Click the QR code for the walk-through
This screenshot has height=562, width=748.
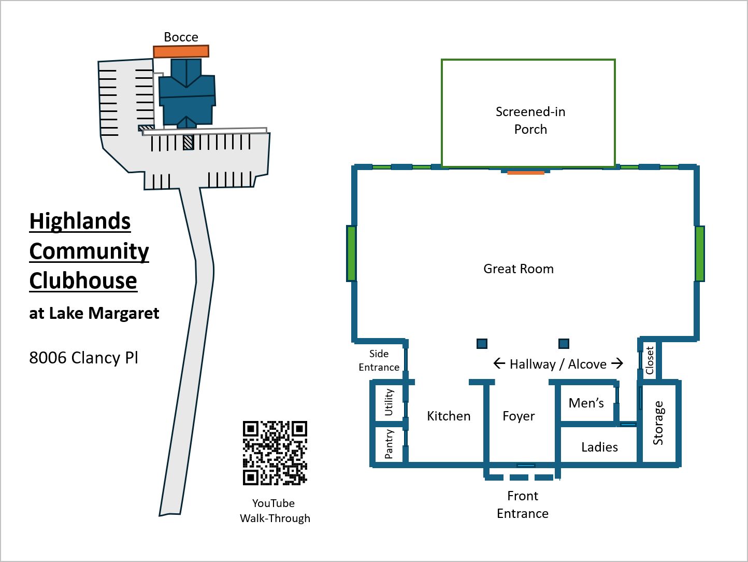275,453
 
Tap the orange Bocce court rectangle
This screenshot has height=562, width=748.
181,51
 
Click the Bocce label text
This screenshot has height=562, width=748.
181,37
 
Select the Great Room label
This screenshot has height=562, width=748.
519,269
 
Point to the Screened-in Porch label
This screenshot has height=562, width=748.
530,120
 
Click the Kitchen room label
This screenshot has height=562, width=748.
449,416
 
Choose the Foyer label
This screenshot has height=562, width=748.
519,416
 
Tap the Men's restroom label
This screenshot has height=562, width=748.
586,403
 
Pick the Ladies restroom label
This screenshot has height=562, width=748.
599,447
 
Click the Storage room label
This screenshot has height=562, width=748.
658,423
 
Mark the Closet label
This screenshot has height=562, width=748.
650,360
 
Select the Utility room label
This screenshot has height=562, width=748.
389,402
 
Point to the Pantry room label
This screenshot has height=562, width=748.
389,444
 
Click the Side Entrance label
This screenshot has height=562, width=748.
379,360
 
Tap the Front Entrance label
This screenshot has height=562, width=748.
523,504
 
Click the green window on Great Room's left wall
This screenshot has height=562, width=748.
352,254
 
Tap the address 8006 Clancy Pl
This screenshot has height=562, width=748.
83,358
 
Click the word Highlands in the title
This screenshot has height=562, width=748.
80,221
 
